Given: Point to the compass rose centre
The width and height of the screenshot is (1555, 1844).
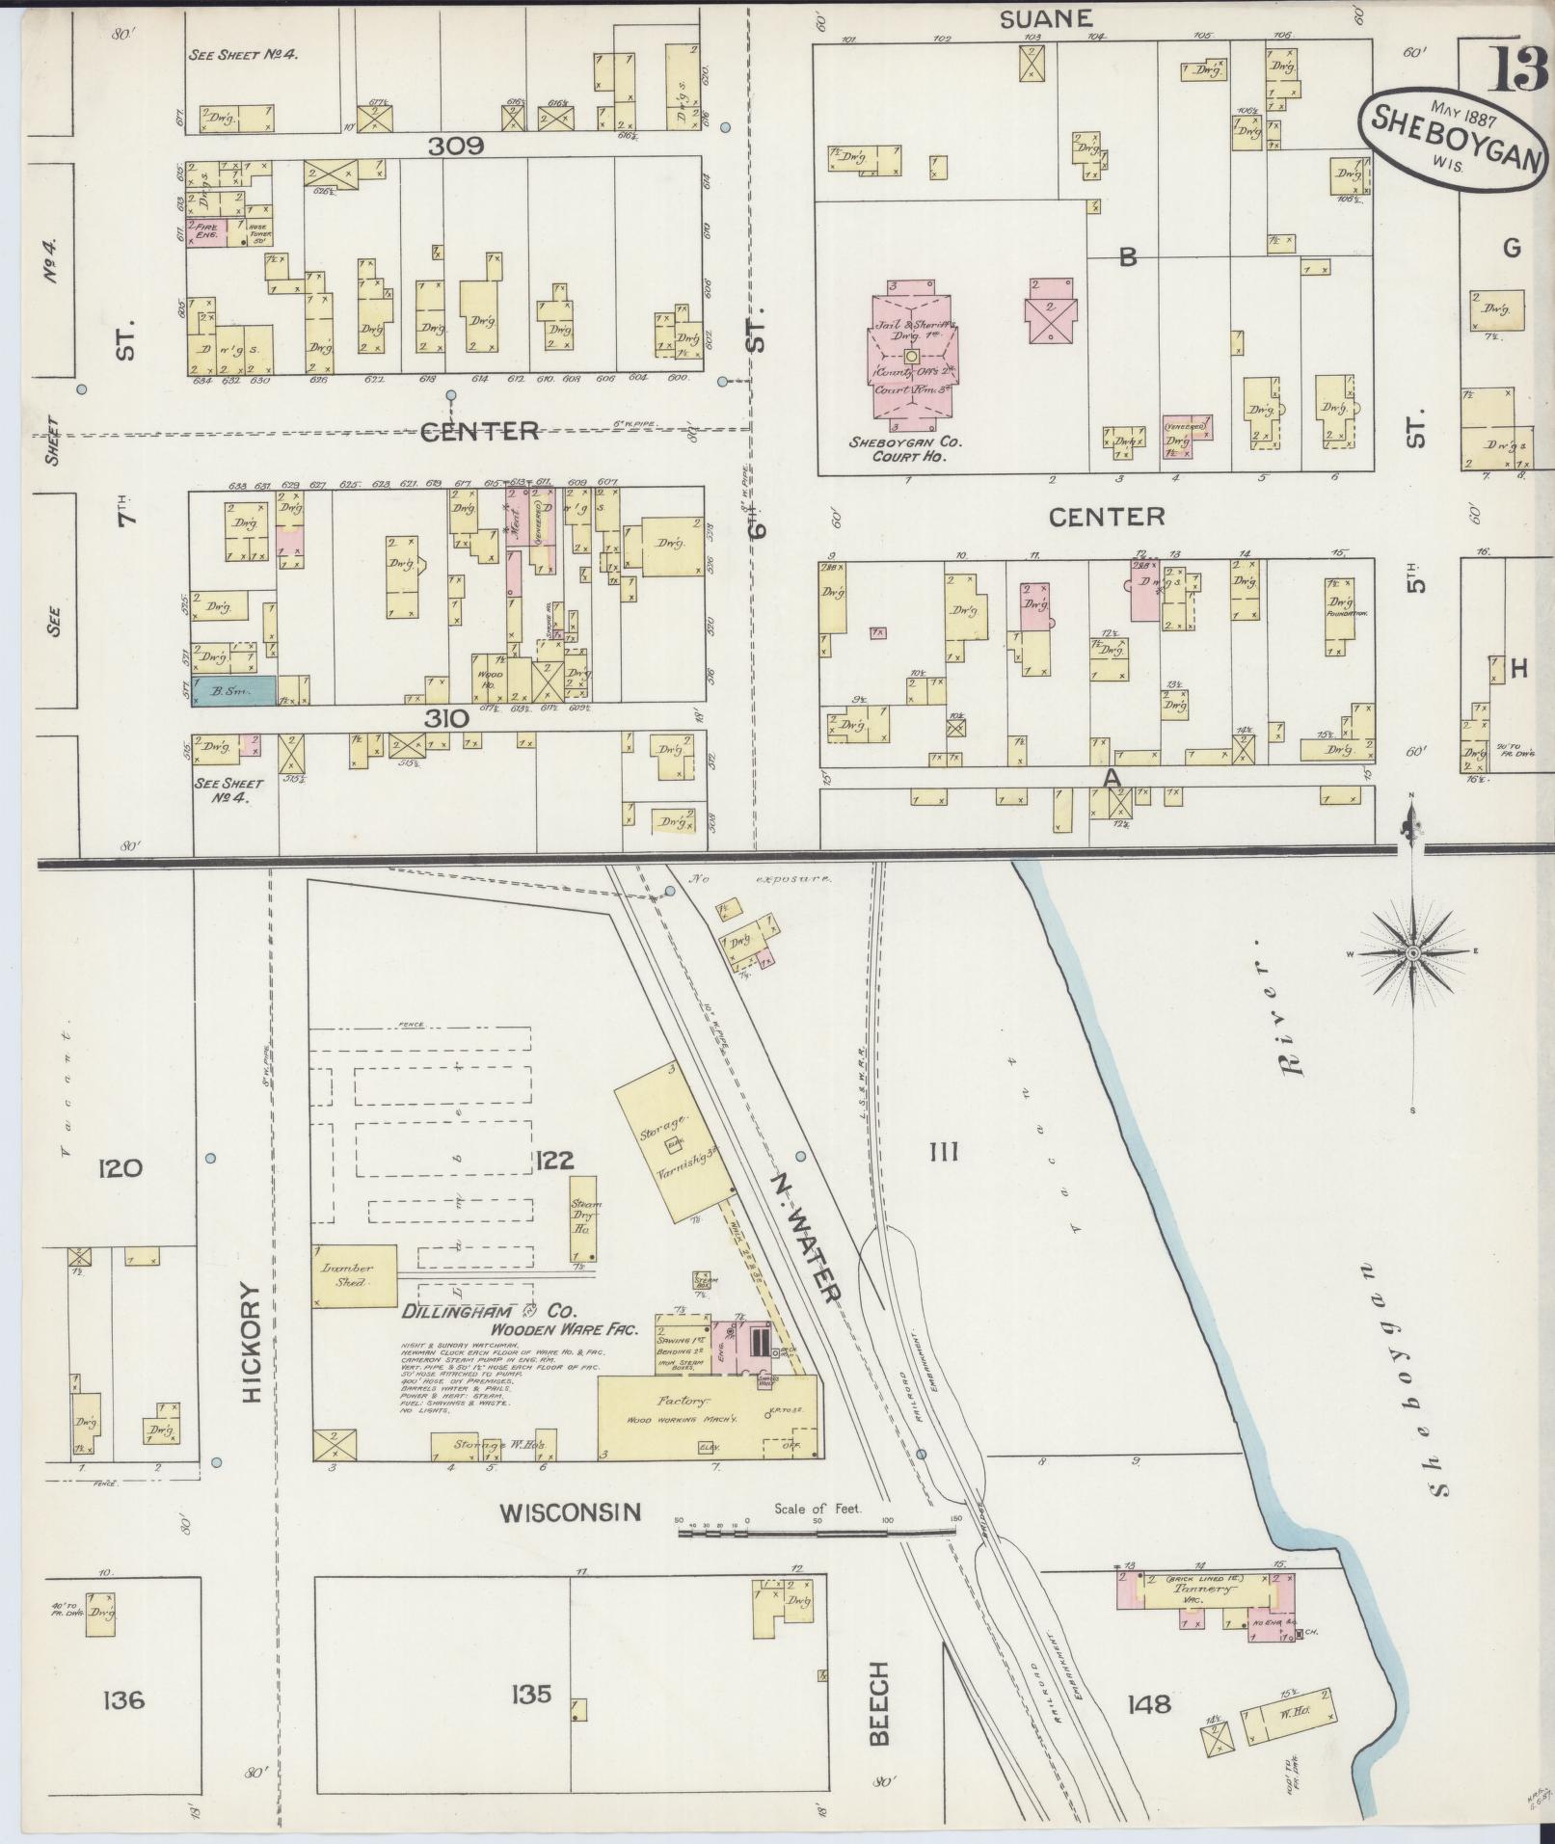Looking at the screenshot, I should (x=1412, y=953).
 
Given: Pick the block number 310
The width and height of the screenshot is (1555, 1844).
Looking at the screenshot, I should (x=445, y=718).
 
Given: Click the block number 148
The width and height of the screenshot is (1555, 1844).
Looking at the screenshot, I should (x=1148, y=1704).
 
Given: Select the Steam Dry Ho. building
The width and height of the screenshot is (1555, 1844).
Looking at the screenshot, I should (x=584, y=1216).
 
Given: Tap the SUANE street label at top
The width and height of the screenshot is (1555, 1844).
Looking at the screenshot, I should (x=1032, y=18).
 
